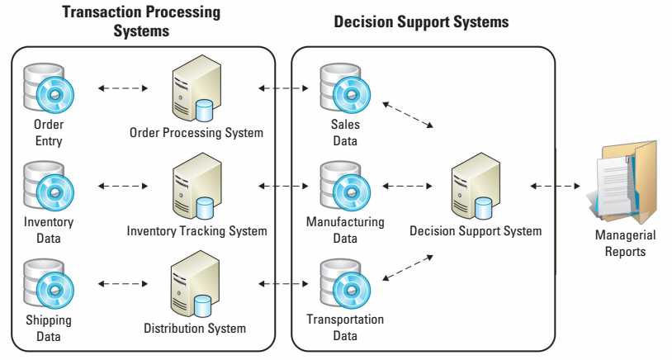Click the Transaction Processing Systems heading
coord(141,22)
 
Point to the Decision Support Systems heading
coord(421,22)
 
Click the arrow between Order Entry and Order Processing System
coord(121,86)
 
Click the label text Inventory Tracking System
coord(197,231)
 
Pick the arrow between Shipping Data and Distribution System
coord(121,283)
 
